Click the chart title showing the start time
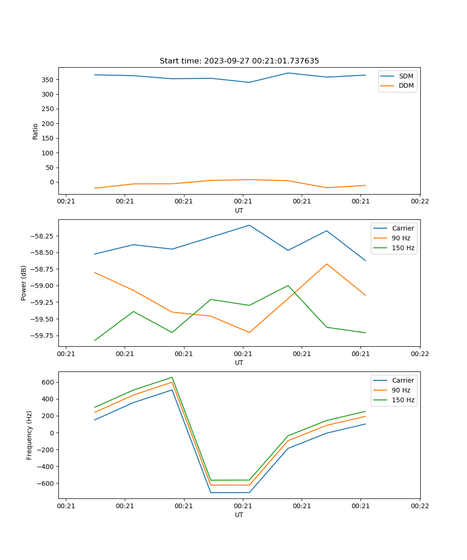(239, 61)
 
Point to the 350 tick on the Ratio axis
(48, 80)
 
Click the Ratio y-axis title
(35, 131)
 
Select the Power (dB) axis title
(24, 283)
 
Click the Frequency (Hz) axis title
(29, 435)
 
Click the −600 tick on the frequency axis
(45, 483)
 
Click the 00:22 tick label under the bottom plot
(420, 505)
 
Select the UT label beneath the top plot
(239, 210)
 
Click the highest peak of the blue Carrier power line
(249, 225)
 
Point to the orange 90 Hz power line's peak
(326, 264)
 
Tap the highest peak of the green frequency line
(172, 378)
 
